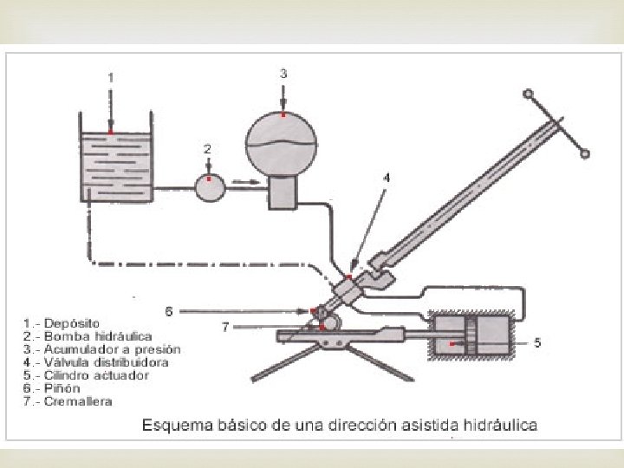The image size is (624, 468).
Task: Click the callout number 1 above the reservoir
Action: click(x=110, y=77)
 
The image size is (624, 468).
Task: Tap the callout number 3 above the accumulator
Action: click(x=283, y=74)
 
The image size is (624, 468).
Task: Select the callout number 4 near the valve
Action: click(x=387, y=177)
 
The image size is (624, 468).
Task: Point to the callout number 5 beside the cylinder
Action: click(x=537, y=343)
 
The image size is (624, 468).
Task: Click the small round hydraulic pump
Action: click(x=209, y=186)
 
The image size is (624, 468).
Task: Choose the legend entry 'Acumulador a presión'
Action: click(x=101, y=349)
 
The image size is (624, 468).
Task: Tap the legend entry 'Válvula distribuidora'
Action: click(x=96, y=362)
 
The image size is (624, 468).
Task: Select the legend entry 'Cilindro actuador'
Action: click(x=86, y=375)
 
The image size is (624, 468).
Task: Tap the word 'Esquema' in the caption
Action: click(x=173, y=425)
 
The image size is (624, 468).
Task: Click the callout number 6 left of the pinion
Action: click(x=169, y=309)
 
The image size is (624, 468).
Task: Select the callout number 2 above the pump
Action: click(x=207, y=148)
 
